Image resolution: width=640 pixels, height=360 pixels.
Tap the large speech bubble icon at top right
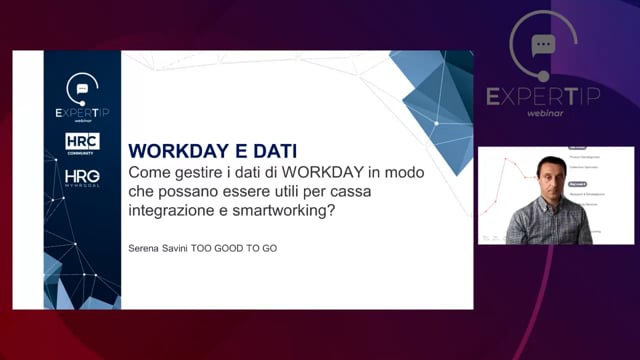543,46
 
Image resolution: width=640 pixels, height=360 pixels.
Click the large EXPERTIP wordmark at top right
543,96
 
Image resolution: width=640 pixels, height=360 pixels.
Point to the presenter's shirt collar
547,204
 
